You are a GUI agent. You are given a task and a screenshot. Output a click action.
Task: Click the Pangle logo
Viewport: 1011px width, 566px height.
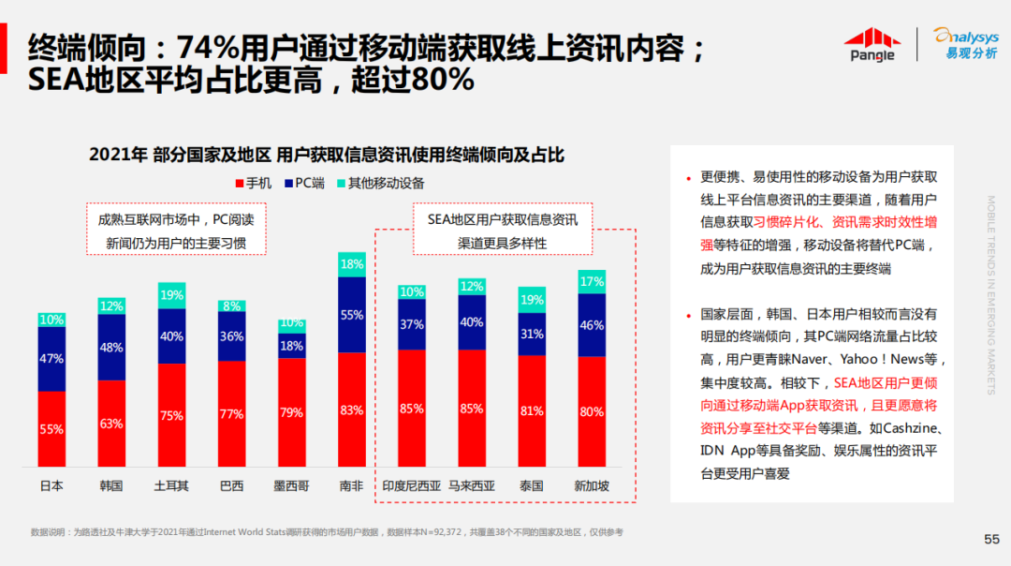coord(872,44)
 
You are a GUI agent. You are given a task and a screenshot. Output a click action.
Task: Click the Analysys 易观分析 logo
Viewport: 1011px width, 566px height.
coord(964,43)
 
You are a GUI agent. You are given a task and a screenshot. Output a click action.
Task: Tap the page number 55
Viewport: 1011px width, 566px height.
coord(991,539)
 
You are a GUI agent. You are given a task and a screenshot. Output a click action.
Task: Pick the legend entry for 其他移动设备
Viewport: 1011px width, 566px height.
coord(379,183)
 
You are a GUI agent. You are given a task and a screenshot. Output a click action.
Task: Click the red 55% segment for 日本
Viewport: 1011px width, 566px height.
coord(51,429)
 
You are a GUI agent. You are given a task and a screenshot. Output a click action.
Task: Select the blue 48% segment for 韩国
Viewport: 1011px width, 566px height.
coord(111,347)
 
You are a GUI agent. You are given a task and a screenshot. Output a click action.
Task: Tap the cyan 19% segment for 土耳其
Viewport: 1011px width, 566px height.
coord(171,295)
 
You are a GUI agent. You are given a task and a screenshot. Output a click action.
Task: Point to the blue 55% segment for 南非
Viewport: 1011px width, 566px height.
coord(351,315)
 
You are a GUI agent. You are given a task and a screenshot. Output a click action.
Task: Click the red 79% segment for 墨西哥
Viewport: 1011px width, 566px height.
coord(291,412)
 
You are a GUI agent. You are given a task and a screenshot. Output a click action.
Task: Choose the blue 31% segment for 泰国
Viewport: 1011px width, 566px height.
coord(532,334)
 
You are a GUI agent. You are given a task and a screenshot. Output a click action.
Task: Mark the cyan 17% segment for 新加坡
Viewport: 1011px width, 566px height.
coord(592,281)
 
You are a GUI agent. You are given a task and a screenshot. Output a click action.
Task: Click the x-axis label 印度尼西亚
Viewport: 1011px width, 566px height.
coord(411,486)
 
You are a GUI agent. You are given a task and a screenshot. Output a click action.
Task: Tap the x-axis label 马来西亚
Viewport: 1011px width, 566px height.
coord(472,486)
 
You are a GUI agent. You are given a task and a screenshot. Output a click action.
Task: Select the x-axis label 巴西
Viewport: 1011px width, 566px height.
coord(231,486)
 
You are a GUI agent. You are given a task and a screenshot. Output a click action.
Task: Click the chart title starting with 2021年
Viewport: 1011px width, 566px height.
coord(327,155)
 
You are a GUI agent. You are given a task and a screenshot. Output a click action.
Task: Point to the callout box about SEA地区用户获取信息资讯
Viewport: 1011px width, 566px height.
coord(503,231)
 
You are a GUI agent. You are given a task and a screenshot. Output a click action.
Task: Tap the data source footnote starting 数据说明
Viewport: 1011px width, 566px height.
coord(327,532)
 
